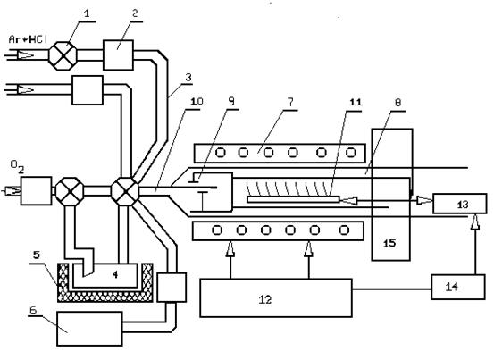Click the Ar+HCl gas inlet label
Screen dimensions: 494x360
[x=28, y=39]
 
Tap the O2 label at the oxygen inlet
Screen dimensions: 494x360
[x=17, y=166]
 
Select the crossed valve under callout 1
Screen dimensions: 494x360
[x=63, y=55]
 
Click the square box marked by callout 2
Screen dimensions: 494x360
[x=118, y=54]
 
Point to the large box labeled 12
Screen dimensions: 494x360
[x=276, y=297]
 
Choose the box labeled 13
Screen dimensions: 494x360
[x=460, y=204]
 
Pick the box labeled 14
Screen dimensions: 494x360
[x=458, y=287]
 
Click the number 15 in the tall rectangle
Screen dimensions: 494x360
[x=389, y=243]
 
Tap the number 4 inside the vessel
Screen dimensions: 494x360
[x=115, y=274]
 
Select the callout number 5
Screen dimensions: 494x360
[x=37, y=255]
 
